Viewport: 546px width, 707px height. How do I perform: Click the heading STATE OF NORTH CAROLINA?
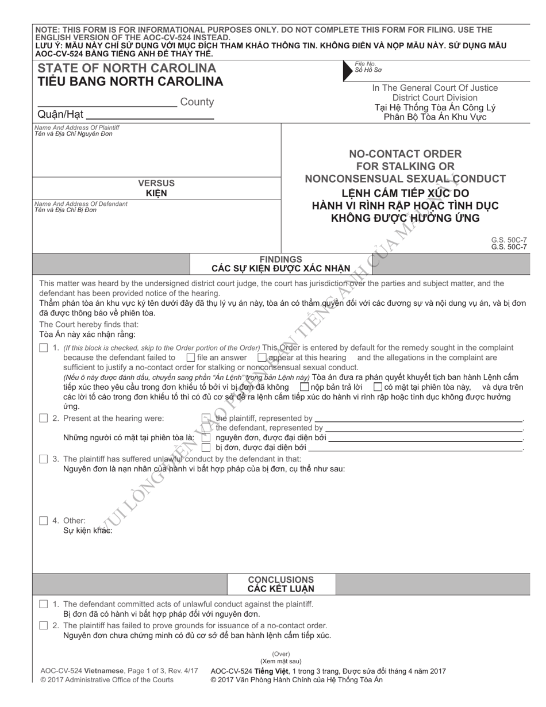pyautogui.click(x=126, y=68)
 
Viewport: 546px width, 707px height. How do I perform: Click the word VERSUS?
pyautogui.click(x=156, y=183)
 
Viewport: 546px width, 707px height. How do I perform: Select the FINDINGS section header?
pyautogui.click(x=280, y=259)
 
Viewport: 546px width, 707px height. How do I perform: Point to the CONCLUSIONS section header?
pyautogui.click(x=280, y=580)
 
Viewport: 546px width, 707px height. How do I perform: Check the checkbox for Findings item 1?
pyautogui.click(x=44, y=348)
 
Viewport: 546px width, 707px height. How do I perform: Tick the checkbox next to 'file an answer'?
pyautogui.click(x=191, y=358)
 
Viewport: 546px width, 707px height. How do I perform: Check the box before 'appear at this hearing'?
pyautogui.click(x=262, y=358)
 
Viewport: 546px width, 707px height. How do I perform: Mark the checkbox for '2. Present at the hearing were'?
pyautogui.click(x=44, y=418)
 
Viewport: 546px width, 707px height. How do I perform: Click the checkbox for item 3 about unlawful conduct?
pyautogui.click(x=44, y=459)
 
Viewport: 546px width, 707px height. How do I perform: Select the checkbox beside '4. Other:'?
pyautogui.click(x=44, y=521)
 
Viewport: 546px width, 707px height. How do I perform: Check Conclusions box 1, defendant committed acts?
pyautogui.click(x=44, y=604)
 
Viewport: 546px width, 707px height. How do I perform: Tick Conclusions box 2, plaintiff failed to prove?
pyautogui.click(x=44, y=625)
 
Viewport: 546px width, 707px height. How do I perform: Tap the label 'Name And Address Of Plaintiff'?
pyautogui.click(x=77, y=128)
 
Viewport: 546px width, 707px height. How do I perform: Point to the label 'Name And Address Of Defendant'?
pyautogui.click(x=80, y=204)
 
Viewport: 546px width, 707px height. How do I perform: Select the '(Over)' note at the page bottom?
pyautogui.click(x=281, y=654)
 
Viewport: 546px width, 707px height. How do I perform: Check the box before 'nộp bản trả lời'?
pyautogui.click(x=305, y=387)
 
